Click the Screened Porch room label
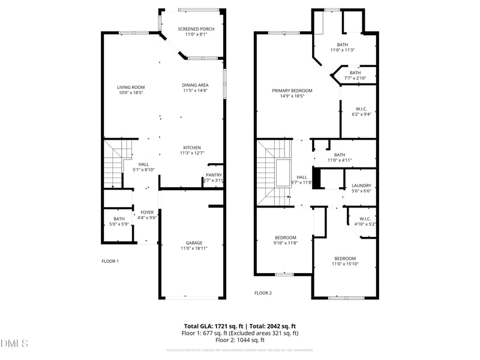point(193,29)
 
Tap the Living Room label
point(130,88)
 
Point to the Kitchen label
point(192,148)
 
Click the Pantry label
point(214,175)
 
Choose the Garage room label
point(193,243)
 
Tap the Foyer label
point(147,212)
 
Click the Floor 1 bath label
point(119,219)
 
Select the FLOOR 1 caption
point(110,261)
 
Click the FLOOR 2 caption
point(263,293)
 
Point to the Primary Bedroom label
point(292,91)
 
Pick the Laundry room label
point(361,186)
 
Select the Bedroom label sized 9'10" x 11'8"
point(286,238)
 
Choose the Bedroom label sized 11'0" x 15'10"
point(344,259)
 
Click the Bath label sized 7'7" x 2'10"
point(355,73)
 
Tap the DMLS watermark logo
point(14,344)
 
